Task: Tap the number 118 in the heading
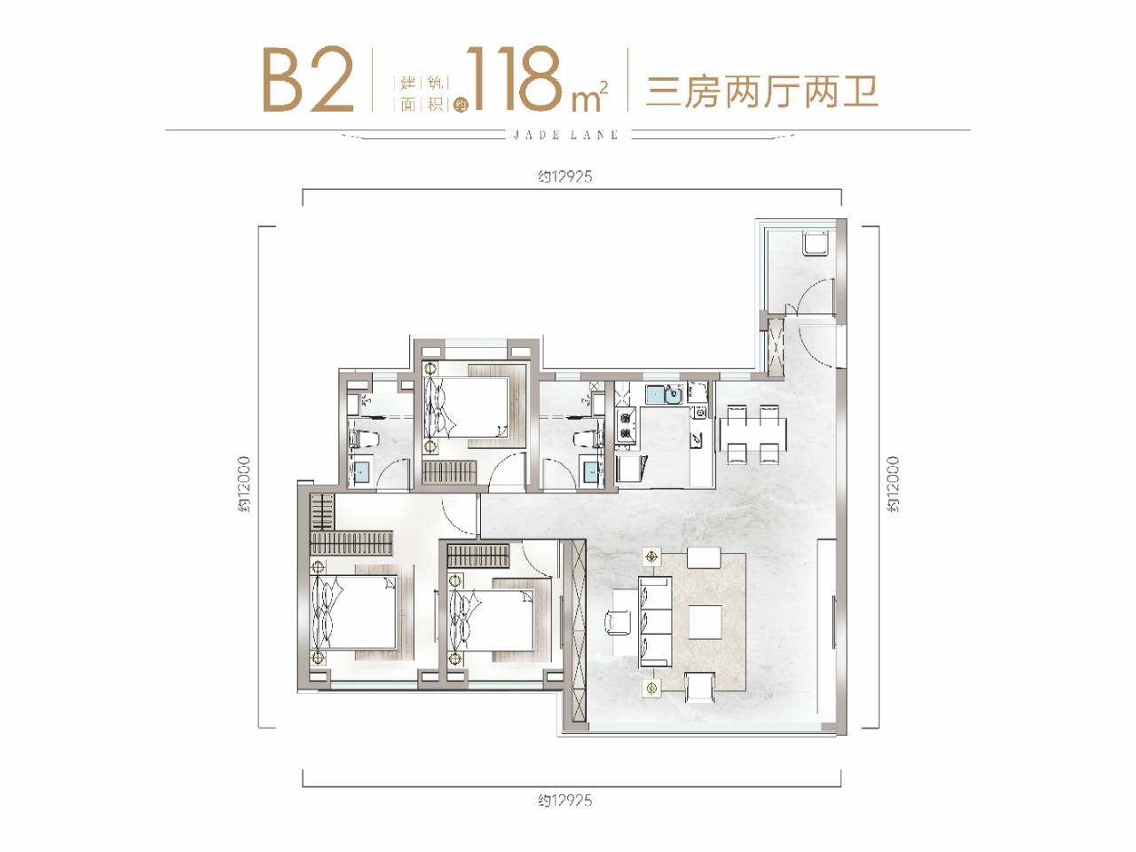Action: pos(517,79)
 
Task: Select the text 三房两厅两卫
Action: pos(761,91)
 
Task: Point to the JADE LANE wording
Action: pos(566,135)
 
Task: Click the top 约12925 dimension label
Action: pos(564,177)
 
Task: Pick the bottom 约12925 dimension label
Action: pos(564,801)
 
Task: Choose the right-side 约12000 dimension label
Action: pos(894,485)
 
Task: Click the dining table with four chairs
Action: pos(753,433)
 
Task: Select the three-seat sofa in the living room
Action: pos(655,622)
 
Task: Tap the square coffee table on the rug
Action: pos(705,622)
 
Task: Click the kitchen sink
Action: pos(664,395)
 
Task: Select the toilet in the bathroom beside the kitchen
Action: pos(588,439)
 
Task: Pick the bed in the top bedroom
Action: pos(466,407)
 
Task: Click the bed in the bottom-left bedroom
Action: pos(354,612)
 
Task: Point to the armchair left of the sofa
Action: pos(619,622)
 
